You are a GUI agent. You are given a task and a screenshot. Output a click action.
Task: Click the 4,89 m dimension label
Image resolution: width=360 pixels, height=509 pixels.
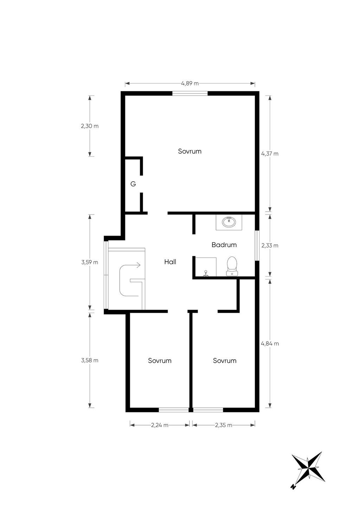190,83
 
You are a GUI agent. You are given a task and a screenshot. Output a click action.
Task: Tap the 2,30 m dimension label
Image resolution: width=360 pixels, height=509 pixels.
90,126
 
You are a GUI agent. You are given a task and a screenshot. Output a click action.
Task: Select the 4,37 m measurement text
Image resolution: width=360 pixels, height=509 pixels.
270,154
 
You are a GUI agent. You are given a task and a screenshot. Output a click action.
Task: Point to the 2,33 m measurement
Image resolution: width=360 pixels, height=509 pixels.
270,245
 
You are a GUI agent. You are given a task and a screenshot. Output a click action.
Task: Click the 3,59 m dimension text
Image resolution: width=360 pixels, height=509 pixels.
90,262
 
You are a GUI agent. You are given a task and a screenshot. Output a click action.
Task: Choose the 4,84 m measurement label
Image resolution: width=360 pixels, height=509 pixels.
270,343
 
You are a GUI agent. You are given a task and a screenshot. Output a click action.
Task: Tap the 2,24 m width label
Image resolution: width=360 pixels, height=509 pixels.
160,425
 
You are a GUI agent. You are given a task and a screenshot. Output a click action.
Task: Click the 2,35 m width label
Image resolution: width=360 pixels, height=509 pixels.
224,425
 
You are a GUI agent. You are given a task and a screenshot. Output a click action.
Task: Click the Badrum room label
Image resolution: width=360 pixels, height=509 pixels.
224,245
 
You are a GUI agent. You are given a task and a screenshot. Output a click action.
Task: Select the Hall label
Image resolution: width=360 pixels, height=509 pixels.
170,262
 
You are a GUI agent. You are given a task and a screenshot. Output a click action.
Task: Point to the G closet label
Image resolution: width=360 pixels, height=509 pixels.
133,184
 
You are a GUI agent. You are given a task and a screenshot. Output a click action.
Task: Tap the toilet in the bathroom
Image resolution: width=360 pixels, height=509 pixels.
232,266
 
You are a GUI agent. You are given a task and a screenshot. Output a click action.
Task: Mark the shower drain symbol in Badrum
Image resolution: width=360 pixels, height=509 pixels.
206,273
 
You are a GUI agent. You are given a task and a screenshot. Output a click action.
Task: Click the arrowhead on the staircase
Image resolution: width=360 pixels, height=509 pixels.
139,265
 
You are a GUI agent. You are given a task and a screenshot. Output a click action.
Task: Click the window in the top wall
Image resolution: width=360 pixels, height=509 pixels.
190,94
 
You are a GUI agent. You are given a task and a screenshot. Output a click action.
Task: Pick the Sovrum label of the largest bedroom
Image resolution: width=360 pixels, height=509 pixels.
190,152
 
